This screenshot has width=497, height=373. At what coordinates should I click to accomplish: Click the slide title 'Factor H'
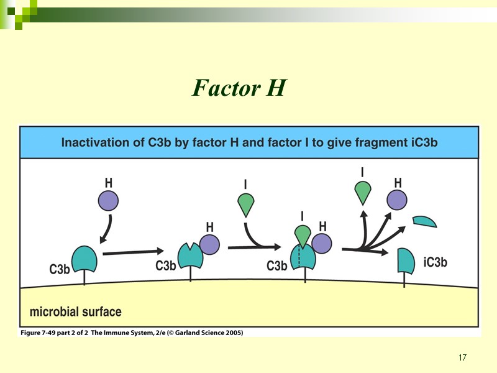coord(239,88)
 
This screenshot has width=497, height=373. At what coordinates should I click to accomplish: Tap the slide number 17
coord(462,357)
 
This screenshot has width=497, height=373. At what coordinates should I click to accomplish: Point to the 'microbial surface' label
coord(76,311)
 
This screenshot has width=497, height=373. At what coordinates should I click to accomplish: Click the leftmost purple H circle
coord(108,201)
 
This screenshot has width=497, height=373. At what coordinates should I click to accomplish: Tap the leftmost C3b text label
coord(60,270)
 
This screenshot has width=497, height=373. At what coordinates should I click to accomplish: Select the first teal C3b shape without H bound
coord(85,259)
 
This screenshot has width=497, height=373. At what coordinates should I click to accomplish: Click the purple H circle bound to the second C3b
coord(209,244)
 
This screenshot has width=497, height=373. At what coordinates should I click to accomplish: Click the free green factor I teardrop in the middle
coord(247,203)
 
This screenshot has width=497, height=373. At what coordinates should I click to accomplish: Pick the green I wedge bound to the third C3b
coord(303,235)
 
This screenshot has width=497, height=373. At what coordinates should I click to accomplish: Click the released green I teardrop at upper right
coord(362,193)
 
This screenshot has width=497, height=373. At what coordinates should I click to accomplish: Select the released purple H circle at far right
coord(397,200)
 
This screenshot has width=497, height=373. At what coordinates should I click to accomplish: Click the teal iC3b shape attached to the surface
coord(405,260)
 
